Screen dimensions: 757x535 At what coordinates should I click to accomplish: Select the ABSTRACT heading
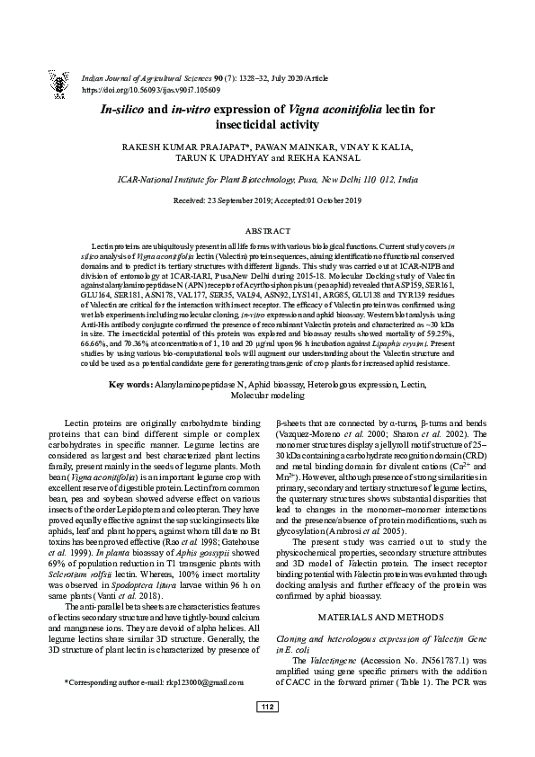point(267,230)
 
